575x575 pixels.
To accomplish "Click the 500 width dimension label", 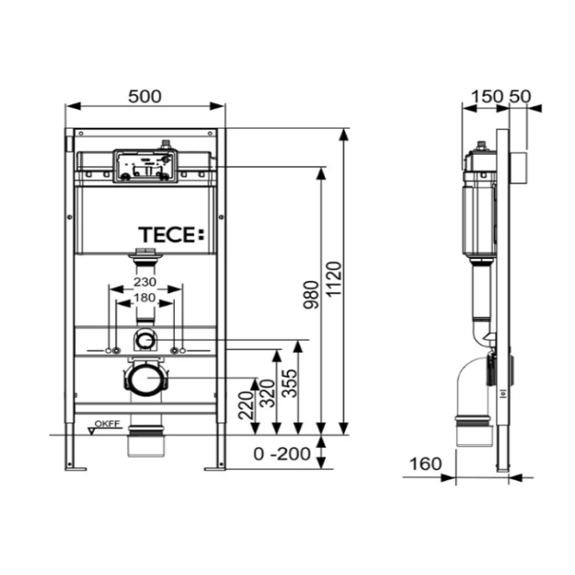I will (x=144, y=96).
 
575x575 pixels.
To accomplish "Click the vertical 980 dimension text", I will (x=311, y=295).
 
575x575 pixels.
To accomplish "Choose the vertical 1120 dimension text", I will (x=335, y=276).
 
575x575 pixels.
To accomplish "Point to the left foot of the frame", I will (x=74, y=466).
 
